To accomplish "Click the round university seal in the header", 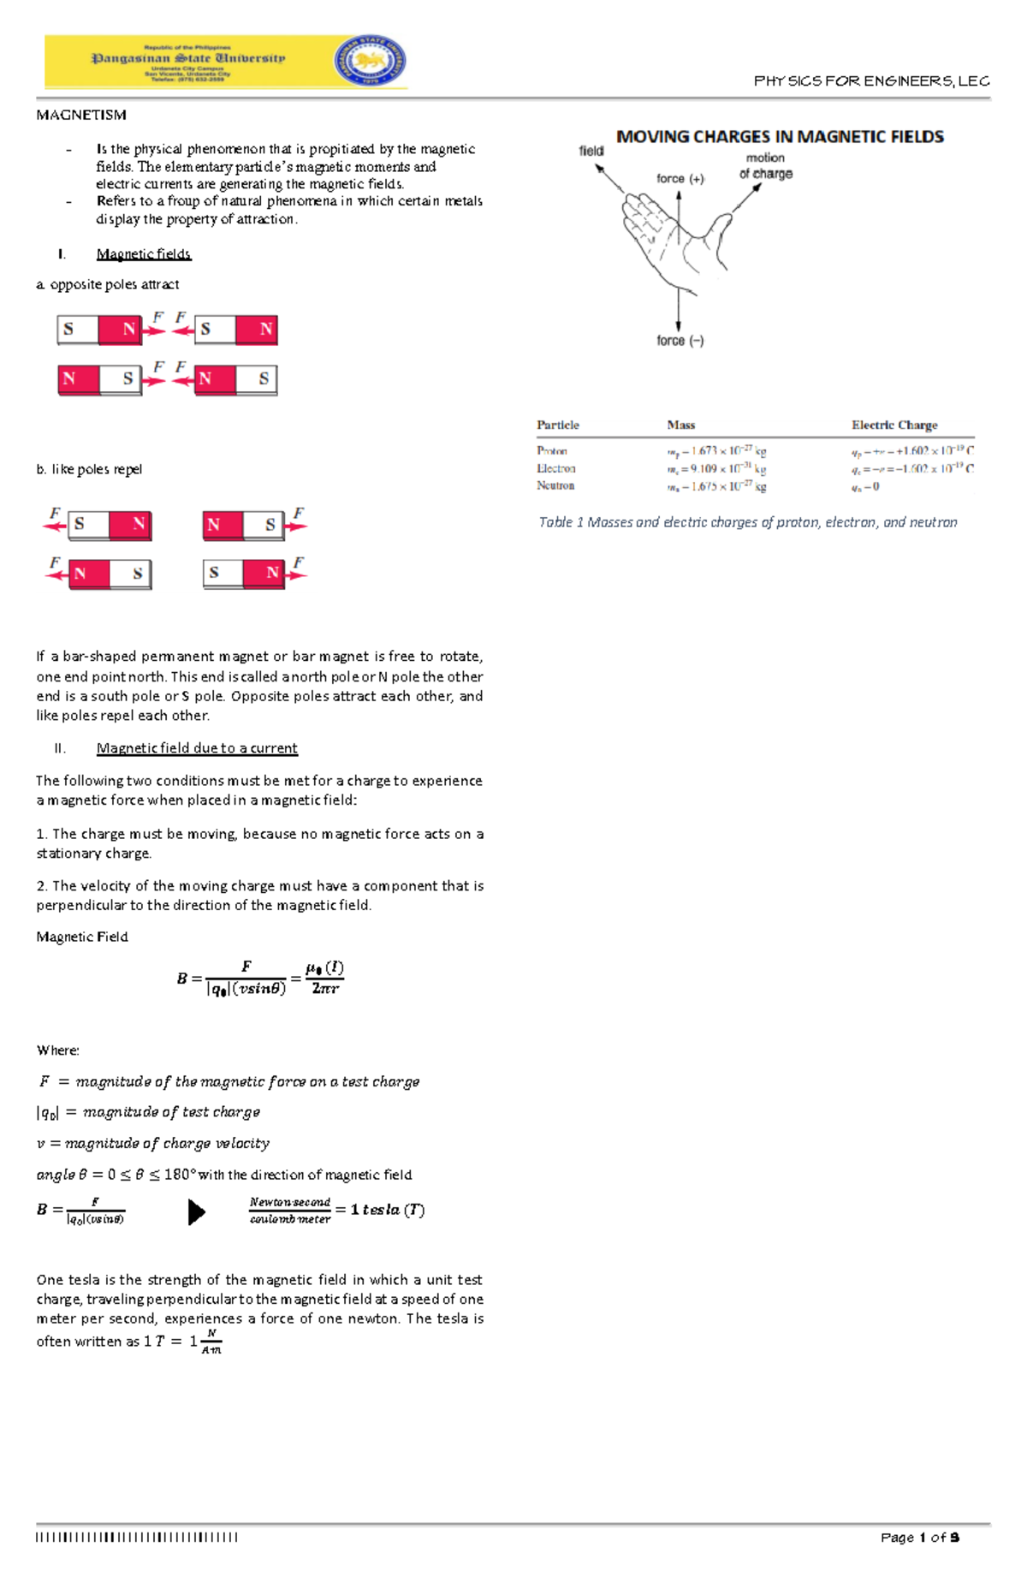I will [x=370, y=61].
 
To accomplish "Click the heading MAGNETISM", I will [x=81, y=115].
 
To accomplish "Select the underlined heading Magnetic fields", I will [x=144, y=254].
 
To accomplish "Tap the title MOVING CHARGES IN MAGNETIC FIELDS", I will [x=780, y=137].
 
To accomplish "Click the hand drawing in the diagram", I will [x=675, y=239].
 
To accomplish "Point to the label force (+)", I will [x=680, y=179].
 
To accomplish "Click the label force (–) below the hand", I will [x=680, y=341].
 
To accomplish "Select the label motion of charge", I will [x=766, y=166].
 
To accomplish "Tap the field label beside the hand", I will [x=591, y=152].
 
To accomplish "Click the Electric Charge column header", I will [x=894, y=425].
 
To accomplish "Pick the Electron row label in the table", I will [x=556, y=468].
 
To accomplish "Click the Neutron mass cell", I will [x=716, y=486].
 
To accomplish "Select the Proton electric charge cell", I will [x=912, y=450].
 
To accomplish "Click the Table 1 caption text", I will [x=747, y=522].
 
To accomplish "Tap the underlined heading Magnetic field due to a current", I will [x=197, y=748].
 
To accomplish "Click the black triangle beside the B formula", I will [x=196, y=1211].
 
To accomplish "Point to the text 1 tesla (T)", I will [x=388, y=1210].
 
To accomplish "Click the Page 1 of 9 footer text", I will [x=920, y=1538].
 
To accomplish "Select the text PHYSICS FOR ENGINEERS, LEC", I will [x=871, y=81].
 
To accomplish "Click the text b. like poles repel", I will [x=89, y=469].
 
